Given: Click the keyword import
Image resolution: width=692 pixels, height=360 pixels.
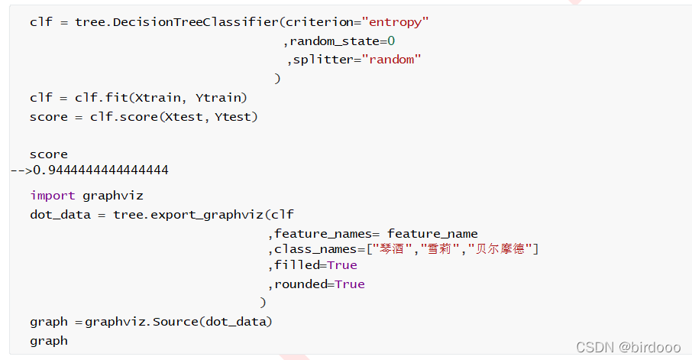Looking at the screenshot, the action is pos(53,196).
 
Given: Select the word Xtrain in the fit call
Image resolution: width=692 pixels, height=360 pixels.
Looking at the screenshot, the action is pos(159,98).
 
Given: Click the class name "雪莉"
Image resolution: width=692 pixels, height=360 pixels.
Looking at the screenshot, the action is pos(439,249).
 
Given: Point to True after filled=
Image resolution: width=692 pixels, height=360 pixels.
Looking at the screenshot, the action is pos(342,265).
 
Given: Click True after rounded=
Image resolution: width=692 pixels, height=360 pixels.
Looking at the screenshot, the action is pos(350,284).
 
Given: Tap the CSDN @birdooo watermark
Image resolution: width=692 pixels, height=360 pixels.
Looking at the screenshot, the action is pos(627,347).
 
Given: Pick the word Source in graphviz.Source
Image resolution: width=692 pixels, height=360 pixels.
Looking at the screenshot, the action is pos(175,322).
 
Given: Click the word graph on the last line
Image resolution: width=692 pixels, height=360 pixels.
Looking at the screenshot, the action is pos(49,341).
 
